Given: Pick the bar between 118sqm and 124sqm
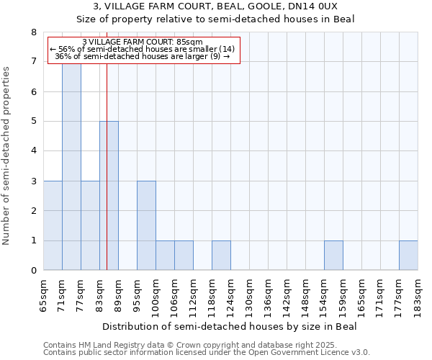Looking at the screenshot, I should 221,256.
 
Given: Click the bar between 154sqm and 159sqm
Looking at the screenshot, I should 333,256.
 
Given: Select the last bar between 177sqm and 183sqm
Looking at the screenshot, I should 408,256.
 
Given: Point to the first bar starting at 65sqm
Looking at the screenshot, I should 53,225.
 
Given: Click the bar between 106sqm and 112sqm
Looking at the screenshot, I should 184,256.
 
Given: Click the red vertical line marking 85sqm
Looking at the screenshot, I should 107,180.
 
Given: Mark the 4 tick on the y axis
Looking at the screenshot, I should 34,151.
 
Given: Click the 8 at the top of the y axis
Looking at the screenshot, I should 34,32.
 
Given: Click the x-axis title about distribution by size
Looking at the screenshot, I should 230,326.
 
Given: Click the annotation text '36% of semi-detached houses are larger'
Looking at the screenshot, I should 143,56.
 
